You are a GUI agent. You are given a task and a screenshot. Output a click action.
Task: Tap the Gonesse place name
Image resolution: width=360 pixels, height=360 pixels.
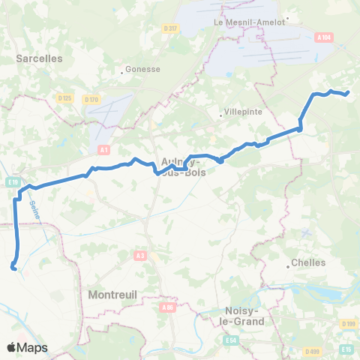[x=143, y=68]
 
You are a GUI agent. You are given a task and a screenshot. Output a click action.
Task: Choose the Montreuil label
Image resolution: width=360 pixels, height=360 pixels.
[x=112, y=295]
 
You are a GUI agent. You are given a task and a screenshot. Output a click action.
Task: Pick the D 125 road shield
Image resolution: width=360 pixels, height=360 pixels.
[x=64, y=97]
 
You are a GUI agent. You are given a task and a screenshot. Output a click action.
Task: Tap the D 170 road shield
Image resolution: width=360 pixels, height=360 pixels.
[x=91, y=98]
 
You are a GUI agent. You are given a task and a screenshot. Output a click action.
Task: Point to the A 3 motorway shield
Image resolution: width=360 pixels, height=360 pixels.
[x=140, y=256]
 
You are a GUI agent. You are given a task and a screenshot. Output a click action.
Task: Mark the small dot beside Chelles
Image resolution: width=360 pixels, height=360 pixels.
[x=289, y=264]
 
